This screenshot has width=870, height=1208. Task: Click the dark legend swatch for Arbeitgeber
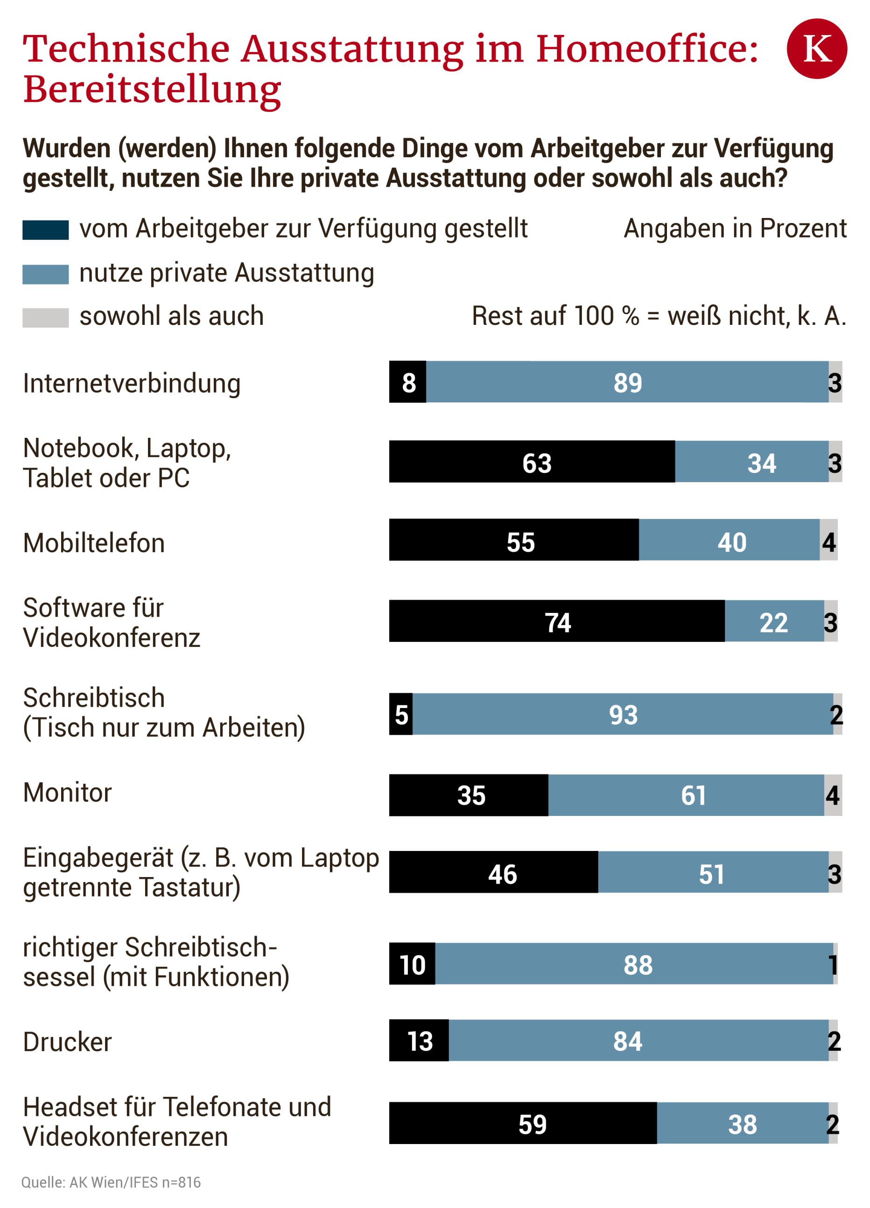(45, 230)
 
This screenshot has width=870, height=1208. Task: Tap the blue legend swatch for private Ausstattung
(45, 274)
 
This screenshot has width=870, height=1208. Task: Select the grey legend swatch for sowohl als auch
(45, 317)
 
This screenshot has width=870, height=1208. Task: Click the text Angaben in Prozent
(734, 229)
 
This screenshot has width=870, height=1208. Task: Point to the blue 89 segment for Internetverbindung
(627, 382)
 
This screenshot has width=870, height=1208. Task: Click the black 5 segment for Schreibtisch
(400, 714)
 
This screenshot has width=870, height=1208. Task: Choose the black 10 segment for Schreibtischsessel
(412, 963)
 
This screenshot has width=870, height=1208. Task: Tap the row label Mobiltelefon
(94, 543)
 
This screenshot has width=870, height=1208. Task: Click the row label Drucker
(67, 1042)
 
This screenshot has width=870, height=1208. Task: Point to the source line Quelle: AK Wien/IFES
(111, 1182)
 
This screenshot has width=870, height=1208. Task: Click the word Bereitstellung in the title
(152, 89)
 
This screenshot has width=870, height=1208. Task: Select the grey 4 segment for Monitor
(833, 795)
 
